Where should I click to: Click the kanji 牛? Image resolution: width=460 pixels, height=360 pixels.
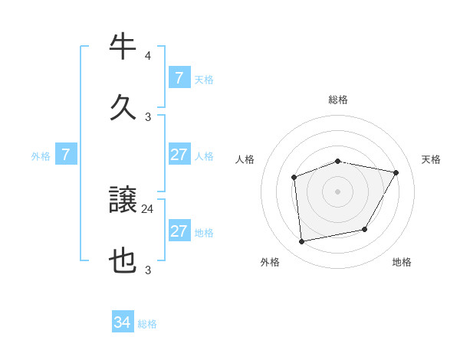pyautogui.click(x=123, y=47)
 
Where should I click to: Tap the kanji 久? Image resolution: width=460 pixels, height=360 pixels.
pyautogui.click(x=123, y=106)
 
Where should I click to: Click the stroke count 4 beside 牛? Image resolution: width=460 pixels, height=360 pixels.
pyautogui.click(x=148, y=56)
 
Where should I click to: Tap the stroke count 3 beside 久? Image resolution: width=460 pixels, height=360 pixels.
pyautogui.click(x=148, y=116)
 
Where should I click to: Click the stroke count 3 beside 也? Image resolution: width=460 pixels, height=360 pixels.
pyautogui.click(x=148, y=270)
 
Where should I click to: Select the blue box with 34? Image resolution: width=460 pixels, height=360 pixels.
pyautogui.click(x=123, y=322)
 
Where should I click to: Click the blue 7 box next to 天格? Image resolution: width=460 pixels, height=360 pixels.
pyautogui.click(x=179, y=77)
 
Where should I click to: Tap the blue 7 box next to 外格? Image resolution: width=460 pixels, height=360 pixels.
pyautogui.click(x=66, y=155)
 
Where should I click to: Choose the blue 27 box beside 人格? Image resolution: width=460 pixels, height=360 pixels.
pyautogui.click(x=179, y=155)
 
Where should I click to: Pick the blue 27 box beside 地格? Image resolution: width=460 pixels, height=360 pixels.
pyautogui.click(x=179, y=231)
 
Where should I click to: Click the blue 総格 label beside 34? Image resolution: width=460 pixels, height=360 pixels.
pyautogui.click(x=147, y=324)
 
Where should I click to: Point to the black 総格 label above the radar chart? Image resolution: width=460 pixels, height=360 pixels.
pyautogui.click(x=338, y=100)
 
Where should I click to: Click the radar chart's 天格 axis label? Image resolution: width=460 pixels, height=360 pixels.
pyautogui.click(x=431, y=159)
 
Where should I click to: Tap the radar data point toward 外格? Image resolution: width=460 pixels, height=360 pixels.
pyautogui.click(x=302, y=241)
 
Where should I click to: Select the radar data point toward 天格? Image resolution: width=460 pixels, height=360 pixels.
pyautogui.click(x=396, y=173)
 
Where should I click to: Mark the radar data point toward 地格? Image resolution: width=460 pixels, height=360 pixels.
pyautogui.click(x=365, y=229)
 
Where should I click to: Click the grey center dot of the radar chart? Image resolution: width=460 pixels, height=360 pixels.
pyautogui.click(x=337, y=191)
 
